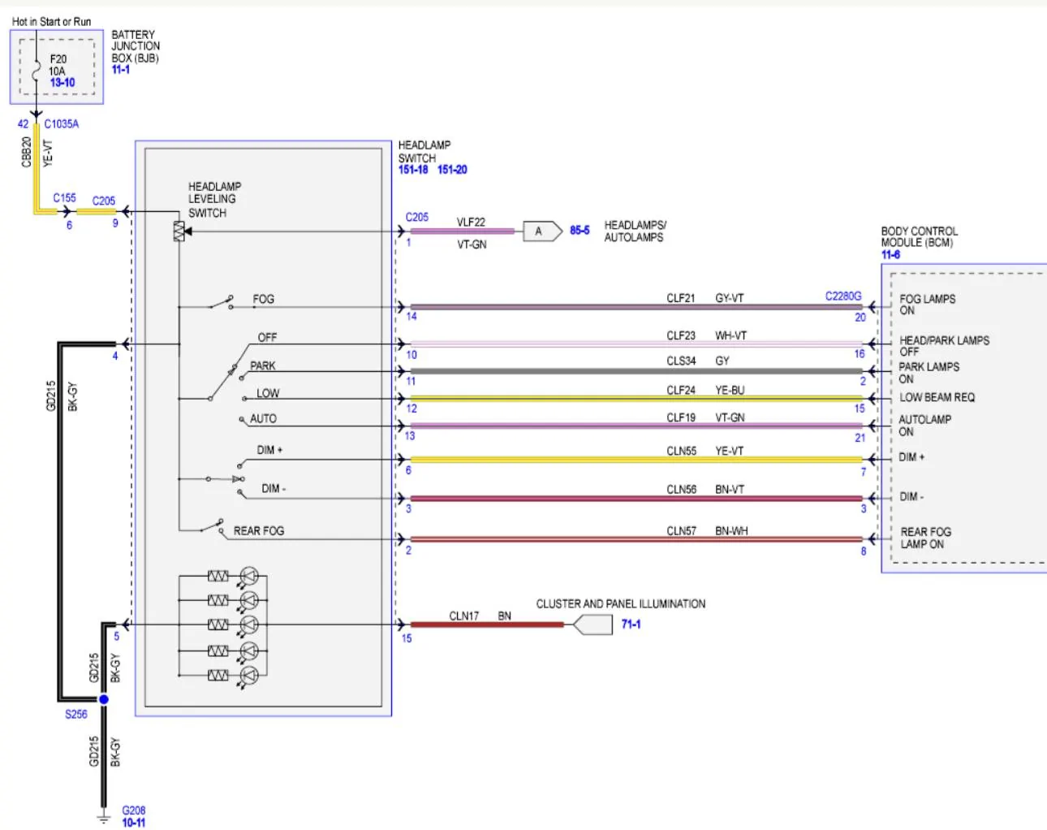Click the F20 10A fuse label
coord(58,65)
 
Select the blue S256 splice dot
coord(104,699)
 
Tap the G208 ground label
coord(133,810)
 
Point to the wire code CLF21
coord(681,298)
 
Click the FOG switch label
coord(263,299)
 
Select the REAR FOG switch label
coord(258,530)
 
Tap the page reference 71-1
coord(631,624)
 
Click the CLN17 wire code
coord(463,616)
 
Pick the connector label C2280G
coord(843,296)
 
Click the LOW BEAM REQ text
coord(937,397)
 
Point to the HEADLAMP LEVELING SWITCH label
coord(214,200)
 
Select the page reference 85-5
coord(580,230)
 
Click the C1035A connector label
coord(62,124)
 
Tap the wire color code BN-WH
coord(731,530)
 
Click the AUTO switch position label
coord(263,418)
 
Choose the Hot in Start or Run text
coord(51,21)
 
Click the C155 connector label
coord(64,197)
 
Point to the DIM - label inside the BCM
coord(911,496)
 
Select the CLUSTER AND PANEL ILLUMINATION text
coord(621,603)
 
